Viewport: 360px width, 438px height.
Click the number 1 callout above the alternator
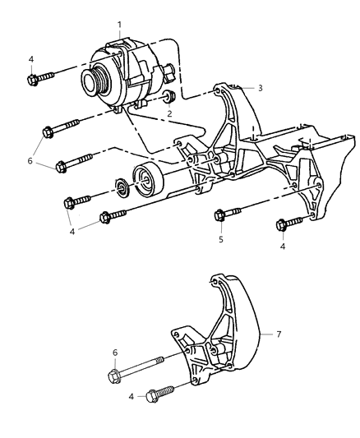point(120,25)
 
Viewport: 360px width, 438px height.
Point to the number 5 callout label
point(221,241)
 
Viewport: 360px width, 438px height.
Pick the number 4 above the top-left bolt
point(31,59)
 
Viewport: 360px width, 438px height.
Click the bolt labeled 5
point(222,215)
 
